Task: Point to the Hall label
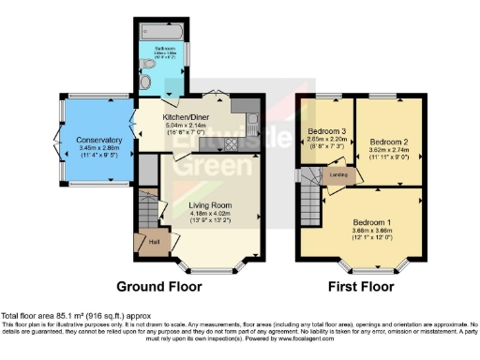153,243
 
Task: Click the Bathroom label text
165,46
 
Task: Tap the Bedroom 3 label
327,130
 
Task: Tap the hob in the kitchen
232,147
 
